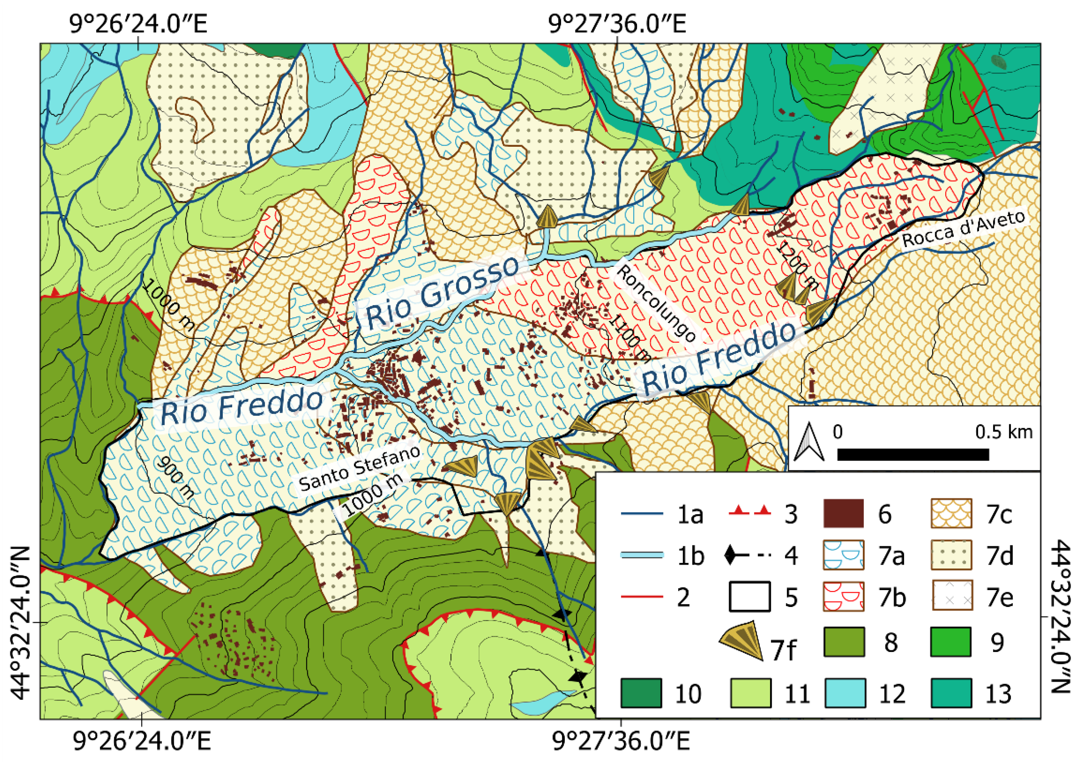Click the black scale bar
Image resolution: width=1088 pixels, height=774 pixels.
[913, 455]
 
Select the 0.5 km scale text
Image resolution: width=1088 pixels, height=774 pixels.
[1003, 432]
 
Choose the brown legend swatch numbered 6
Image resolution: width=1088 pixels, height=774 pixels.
[844, 513]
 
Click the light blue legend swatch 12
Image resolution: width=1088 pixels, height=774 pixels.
[845, 693]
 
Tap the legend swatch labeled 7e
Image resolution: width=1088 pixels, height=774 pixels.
[951, 596]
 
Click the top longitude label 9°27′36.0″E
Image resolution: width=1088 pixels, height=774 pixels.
[617, 23]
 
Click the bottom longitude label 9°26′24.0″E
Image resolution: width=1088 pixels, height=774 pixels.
[142, 741]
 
